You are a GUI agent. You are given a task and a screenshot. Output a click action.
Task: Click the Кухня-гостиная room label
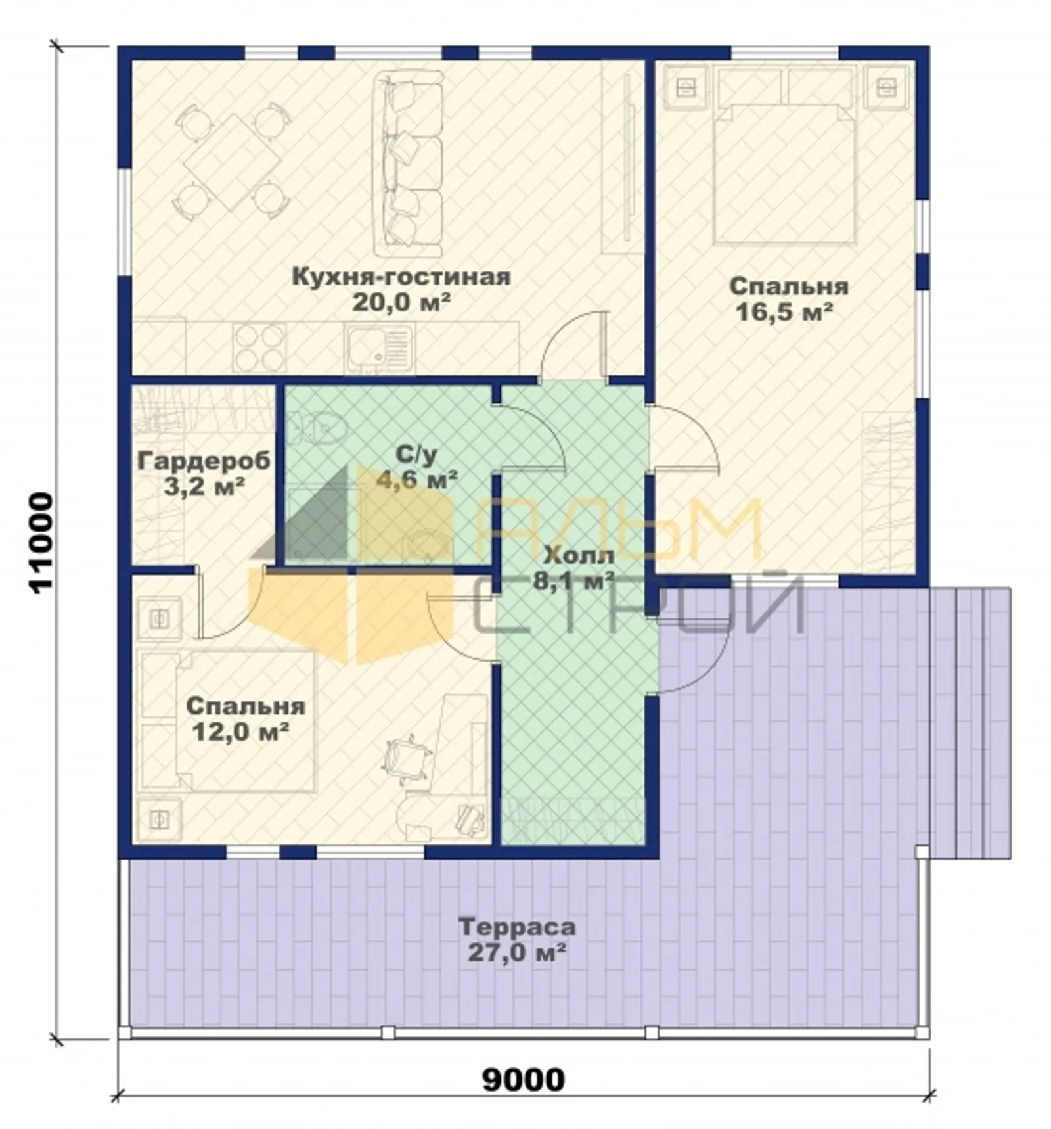tap(401, 277)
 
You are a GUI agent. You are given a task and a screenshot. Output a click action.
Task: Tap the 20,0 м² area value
tap(401, 303)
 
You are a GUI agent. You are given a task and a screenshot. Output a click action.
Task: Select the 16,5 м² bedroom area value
tap(784, 312)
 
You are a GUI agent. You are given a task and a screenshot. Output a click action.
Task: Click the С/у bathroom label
tap(416, 454)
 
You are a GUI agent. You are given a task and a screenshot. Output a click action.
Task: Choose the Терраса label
tap(517, 927)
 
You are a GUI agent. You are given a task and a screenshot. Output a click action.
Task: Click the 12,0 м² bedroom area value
tap(240, 731)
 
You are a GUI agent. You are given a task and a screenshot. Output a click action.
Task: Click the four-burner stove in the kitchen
tap(259, 347)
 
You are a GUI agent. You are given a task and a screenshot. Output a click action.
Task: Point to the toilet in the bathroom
tap(319, 427)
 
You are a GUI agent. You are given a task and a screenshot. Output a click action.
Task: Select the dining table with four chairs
tap(231, 160)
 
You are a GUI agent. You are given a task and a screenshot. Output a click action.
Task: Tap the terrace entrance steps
tap(970, 723)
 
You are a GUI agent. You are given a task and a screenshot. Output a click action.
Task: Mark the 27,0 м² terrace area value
tap(517, 953)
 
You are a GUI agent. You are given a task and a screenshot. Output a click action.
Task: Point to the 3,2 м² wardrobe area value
tap(204, 487)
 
